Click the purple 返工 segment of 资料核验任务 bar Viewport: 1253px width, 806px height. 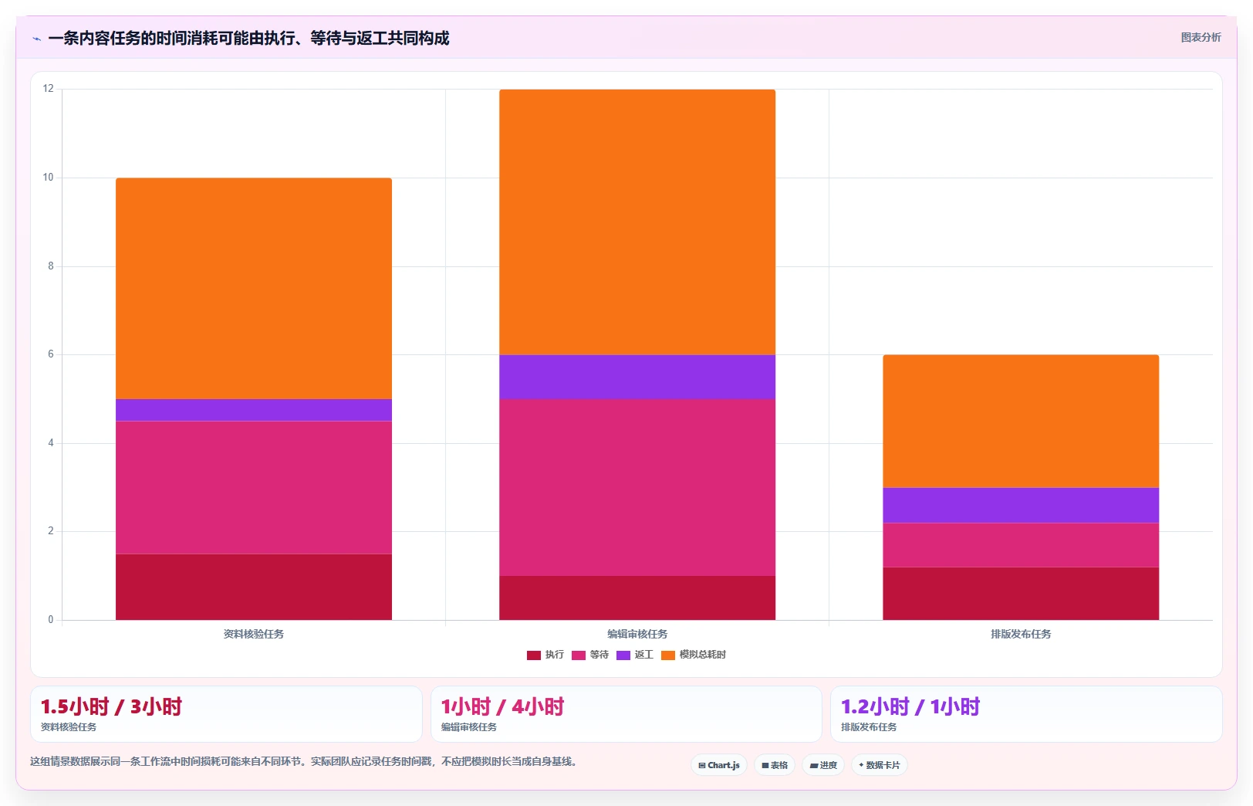tap(253, 410)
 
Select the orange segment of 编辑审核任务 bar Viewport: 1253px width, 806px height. tap(637, 222)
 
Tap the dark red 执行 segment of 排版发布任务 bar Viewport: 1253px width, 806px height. tap(1021, 593)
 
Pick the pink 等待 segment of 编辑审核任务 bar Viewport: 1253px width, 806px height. tap(637, 487)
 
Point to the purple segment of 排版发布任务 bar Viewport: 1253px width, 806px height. tap(1021, 506)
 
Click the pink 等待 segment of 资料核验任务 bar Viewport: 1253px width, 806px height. tap(253, 487)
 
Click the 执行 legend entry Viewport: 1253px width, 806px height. tap(545, 655)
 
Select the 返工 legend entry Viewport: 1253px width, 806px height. tap(635, 655)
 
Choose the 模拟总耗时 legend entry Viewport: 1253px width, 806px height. tap(694, 655)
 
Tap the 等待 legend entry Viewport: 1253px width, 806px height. tap(590, 655)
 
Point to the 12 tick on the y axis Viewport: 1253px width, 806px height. tap(48, 89)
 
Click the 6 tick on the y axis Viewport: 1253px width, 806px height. tap(51, 354)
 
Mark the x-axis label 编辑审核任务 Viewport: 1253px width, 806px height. tap(637, 634)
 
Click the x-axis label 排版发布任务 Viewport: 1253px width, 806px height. tap(1021, 634)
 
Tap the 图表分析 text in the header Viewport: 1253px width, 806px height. tap(1201, 38)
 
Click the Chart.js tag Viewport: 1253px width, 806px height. tap(719, 765)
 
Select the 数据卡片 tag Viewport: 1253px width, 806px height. tap(880, 765)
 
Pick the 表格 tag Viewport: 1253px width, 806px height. tap(775, 765)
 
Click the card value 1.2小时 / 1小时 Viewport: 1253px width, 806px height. tap(910, 707)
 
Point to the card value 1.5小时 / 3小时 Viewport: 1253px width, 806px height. tap(111, 707)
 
